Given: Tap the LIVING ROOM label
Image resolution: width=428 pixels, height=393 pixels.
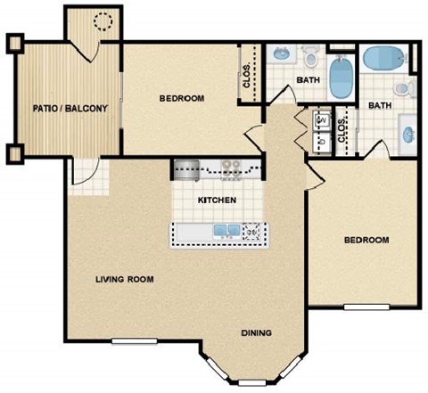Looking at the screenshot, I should (124, 279).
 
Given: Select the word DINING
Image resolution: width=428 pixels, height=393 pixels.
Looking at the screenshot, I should (256, 334).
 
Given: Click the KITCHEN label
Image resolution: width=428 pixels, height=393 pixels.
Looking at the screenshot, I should (217, 201).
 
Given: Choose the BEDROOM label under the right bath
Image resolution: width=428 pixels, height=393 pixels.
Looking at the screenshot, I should (367, 241).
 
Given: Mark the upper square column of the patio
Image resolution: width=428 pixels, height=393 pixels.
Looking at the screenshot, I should (13, 42).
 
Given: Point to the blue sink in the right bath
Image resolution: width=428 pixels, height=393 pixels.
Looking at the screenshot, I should (407, 133).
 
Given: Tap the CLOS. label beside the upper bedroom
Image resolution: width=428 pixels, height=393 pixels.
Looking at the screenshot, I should (247, 80).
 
